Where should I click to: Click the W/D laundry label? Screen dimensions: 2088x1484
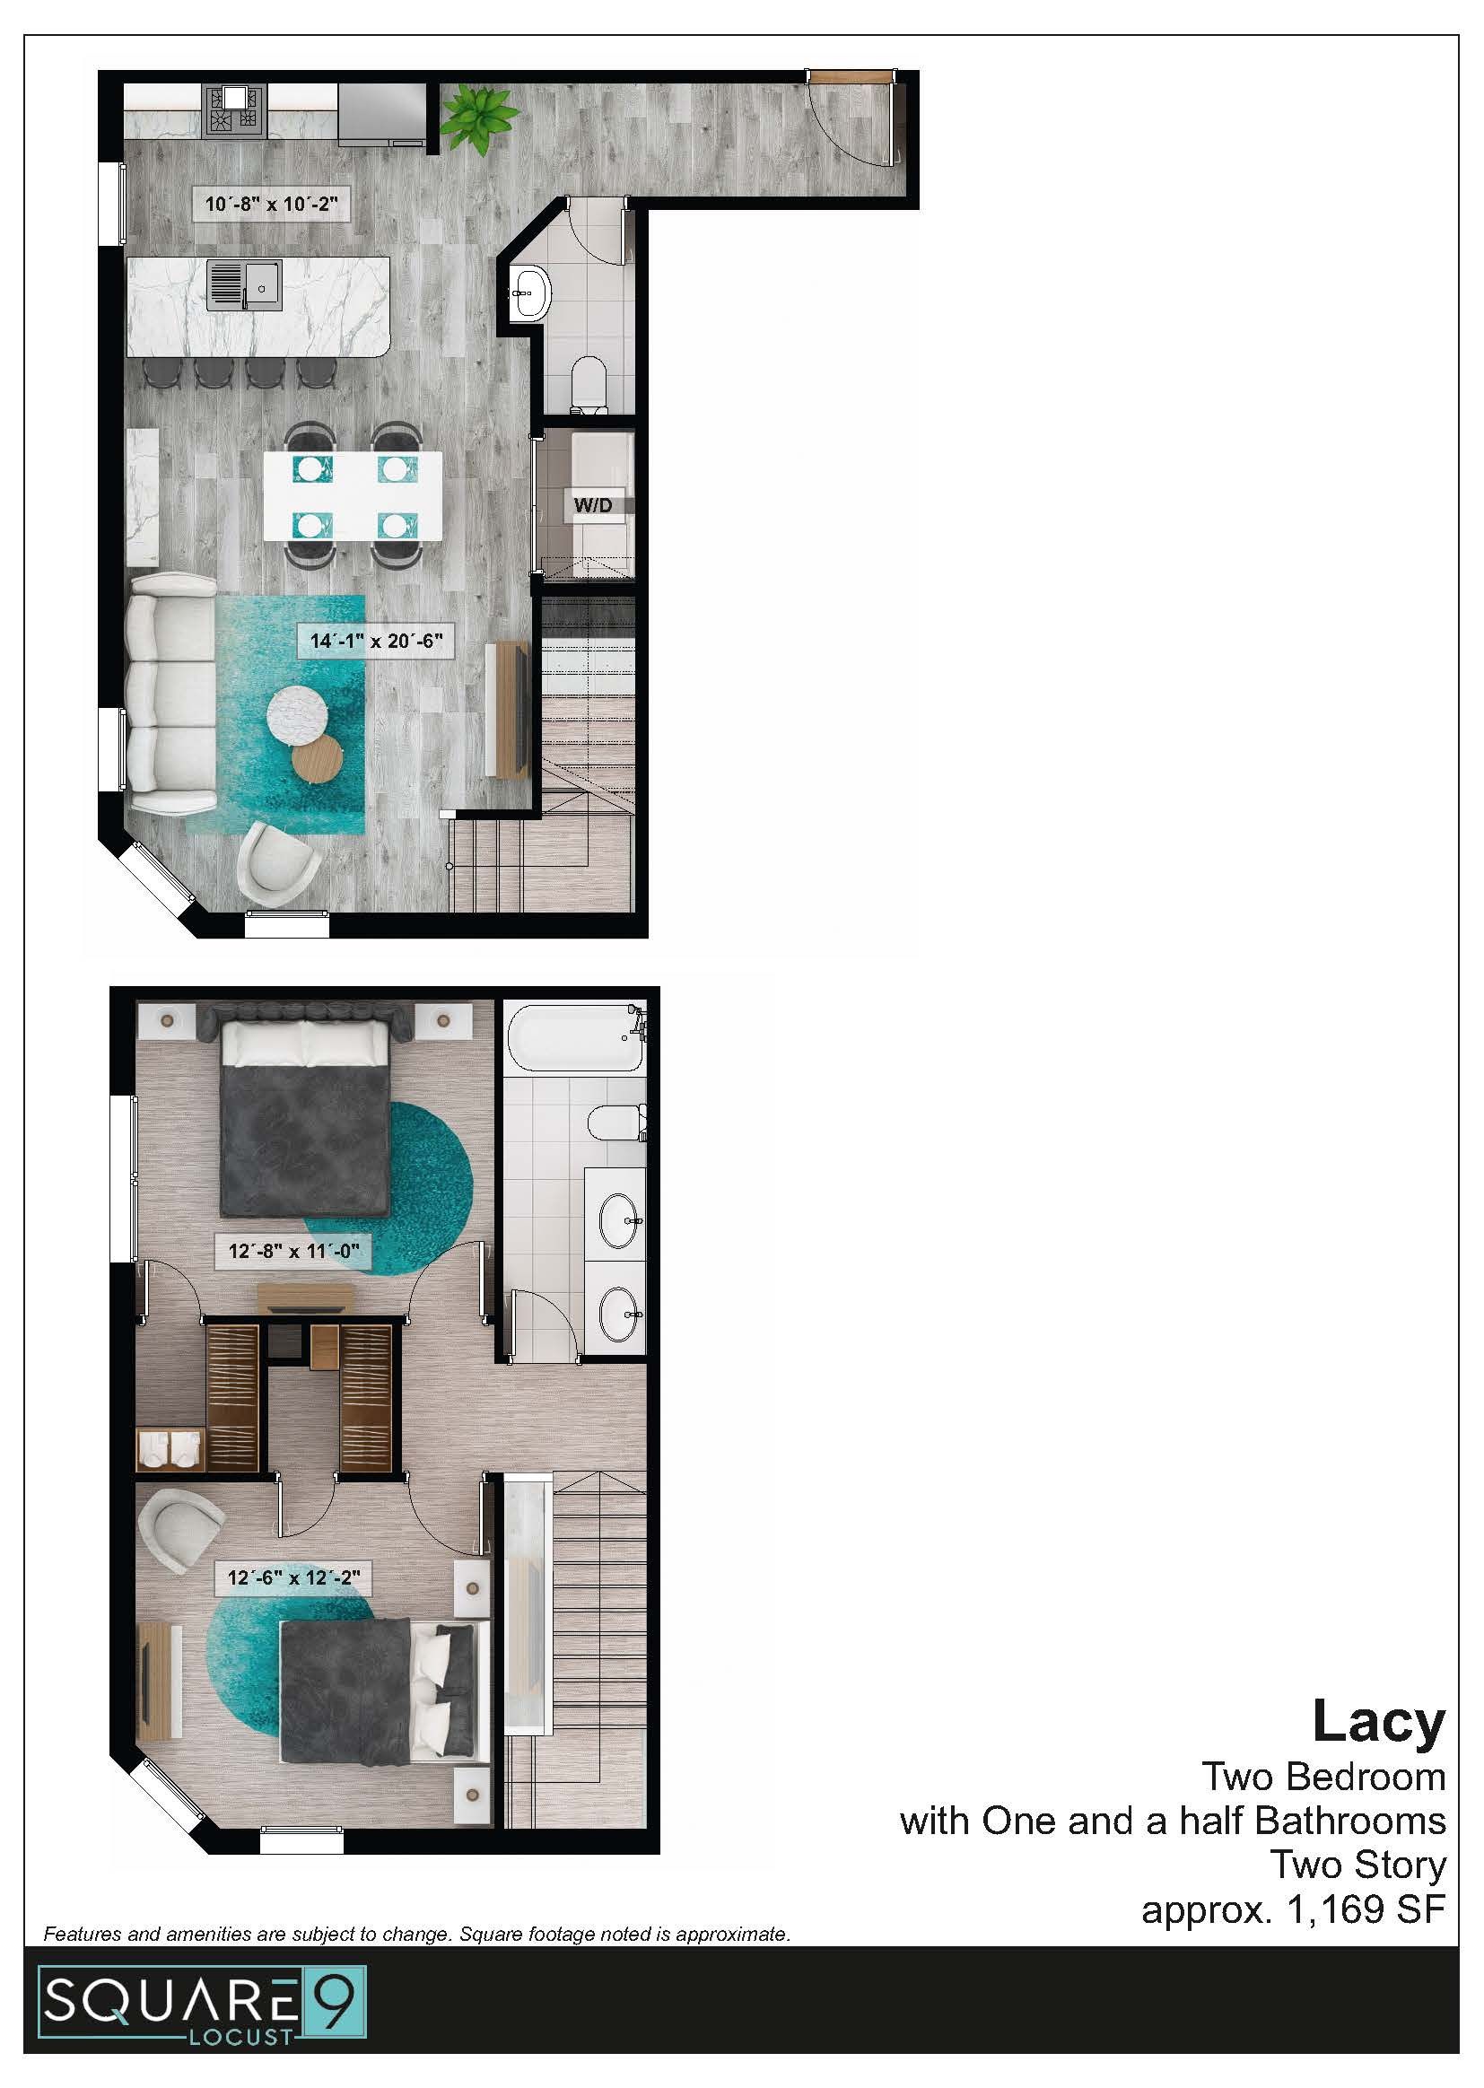(x=592, y=504)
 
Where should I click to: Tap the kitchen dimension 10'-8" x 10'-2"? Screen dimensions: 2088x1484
(x=270, y=204)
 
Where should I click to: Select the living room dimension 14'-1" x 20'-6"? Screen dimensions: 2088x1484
(x=376, y=641)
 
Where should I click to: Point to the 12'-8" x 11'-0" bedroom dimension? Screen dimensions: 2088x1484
(x=293, y=1250)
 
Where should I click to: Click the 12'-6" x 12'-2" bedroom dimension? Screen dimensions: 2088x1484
(x=293, y=1577)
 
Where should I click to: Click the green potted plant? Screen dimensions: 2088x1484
(x=479, y=114)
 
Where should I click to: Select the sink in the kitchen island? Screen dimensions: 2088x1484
(x=244, y=285)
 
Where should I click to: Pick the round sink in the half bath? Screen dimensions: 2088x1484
(x=530, y=292)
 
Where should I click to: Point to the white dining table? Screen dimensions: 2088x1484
(x=353, y=495)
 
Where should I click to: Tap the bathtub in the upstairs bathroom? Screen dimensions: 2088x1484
(x=573, y=1037)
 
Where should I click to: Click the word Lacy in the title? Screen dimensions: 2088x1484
(x=1378, y=1721)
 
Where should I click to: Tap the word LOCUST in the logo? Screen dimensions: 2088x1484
(x=241, y=2037)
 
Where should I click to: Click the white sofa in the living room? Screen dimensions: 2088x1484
(x=170, y=694)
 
